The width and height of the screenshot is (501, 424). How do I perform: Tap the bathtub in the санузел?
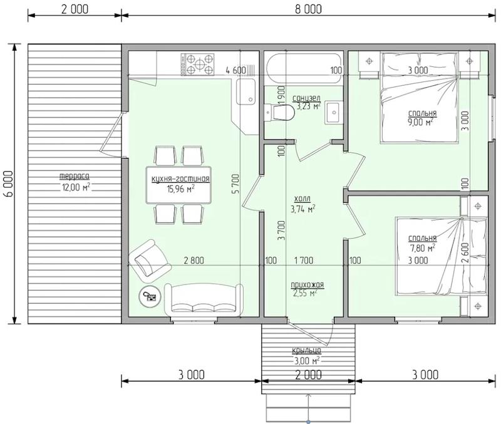304,70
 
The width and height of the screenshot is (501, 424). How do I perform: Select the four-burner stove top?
197,65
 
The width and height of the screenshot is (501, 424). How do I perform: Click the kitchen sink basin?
246,91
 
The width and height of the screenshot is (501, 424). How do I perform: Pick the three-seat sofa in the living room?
203,299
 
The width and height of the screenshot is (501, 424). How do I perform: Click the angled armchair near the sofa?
149,258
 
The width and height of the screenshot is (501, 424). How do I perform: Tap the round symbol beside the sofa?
149,296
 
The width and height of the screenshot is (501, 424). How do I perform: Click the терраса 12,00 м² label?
75,182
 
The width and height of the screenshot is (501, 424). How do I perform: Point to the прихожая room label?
307,285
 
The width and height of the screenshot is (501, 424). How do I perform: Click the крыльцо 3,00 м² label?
307,356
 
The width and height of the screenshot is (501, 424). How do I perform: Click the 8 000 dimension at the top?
308,9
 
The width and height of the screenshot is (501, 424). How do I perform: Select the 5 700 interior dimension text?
236,184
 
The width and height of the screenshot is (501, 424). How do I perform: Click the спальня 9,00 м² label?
422,118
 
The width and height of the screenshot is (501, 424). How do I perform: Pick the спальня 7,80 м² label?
422,243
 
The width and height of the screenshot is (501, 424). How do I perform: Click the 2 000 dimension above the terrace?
75,9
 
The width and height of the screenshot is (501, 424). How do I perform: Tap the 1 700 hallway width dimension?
304,261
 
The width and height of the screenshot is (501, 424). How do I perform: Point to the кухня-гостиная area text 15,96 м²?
180,189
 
